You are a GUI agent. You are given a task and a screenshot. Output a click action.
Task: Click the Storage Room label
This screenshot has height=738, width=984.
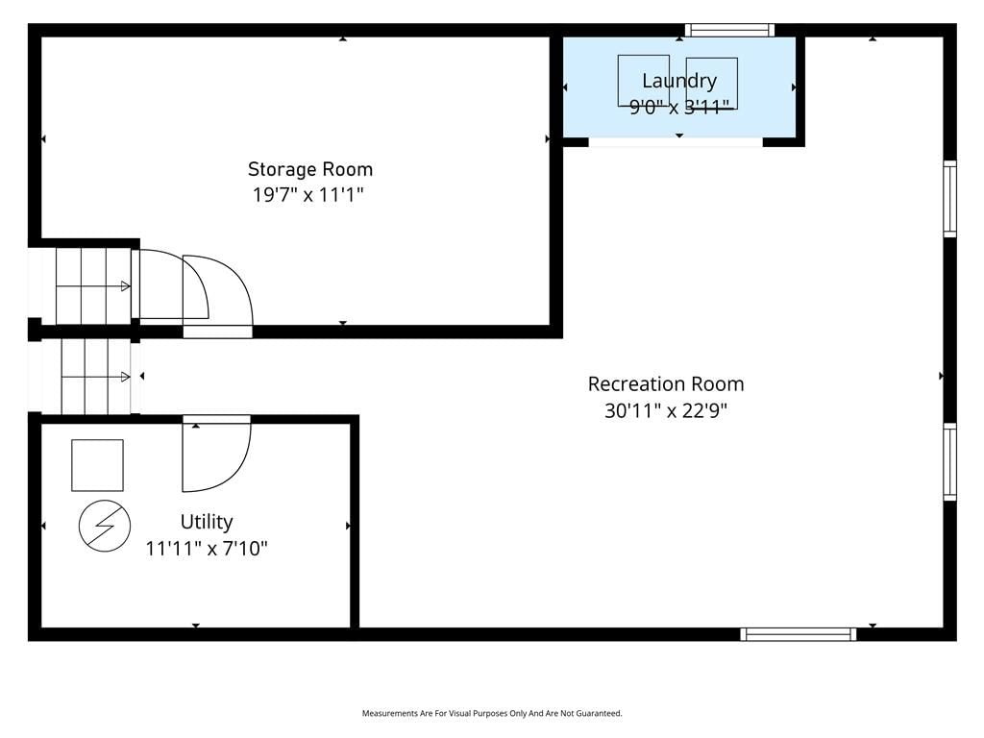pyautogui.click(x=310, y=169)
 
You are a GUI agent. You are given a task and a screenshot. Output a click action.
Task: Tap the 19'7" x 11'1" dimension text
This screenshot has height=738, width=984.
pyautogui.click(x=308, y=194)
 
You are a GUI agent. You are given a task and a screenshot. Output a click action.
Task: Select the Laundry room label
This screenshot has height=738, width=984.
pyautogui.click(x=679, y=81)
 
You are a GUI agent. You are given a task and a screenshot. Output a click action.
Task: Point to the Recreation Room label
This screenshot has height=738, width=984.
pyautogui.click(x=666, y=384)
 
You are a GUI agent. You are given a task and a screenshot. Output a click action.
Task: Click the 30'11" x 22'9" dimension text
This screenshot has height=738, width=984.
pyautogui.click(x=666, y=410)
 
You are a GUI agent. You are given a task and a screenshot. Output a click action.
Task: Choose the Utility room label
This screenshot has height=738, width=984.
pyautogui.click(x=207, y=522)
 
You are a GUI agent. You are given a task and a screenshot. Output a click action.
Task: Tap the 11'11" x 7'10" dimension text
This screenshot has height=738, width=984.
pyautogui.click(x=207, y=549)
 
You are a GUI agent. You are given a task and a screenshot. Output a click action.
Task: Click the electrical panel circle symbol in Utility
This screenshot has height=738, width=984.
pyautogui.click(x=105, y=526)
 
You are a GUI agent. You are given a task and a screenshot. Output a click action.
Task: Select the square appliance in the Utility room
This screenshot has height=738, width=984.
pyautogui.click(x=97, y=465)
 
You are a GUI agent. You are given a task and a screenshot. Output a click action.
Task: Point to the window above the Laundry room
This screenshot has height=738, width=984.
pyautogui.click(x=729, y=30)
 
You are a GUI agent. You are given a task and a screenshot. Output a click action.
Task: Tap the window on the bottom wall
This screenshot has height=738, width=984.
pyautogui.click(x=799, y=634)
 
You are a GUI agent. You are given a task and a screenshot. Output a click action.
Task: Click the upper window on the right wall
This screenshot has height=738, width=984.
pyautogui.click(x=950, y=199)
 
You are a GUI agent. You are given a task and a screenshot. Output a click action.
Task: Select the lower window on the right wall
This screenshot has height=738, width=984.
pyautogui.click(x=950, y=462)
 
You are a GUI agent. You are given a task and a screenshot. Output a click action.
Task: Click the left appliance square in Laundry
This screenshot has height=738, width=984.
pyautogui.click(x=643, y=81)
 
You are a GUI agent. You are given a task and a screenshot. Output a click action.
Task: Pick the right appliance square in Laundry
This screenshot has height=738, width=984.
pyautogui.click(x=712, y=84)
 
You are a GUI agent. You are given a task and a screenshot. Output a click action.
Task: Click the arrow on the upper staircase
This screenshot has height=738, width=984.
pyautogui.click(x=93, y=286)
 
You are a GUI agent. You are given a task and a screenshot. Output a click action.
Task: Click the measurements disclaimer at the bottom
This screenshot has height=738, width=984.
pyautogui.click(x=492, y=714)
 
